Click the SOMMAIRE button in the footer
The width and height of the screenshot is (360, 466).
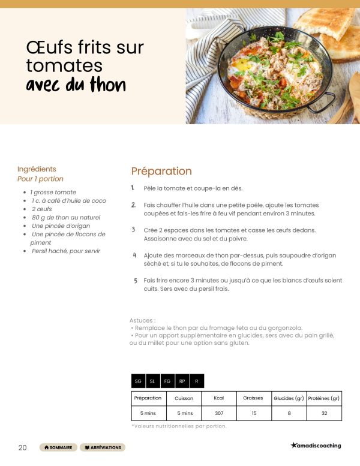point(59,447)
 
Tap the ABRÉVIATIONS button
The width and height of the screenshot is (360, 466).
point(103,447)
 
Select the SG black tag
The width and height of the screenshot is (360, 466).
point(139,381)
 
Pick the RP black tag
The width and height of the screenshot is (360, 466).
point(182,381)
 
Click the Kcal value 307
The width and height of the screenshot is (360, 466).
point(218,413)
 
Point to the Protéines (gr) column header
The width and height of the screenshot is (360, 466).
point(324,398)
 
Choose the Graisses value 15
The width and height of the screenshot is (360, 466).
point(254,413)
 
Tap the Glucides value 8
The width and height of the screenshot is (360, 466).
point(289,413)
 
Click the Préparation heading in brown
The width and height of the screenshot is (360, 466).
point(161,172)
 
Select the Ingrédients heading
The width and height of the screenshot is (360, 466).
point(37,169)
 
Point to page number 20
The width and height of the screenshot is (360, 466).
point(22,447)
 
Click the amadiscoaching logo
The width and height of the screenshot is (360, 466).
point(316,446)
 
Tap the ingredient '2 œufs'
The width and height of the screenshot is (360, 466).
point(42,209)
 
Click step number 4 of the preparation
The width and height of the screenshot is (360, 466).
point(134,255)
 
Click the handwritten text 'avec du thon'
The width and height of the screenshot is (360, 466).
point(76,85)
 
